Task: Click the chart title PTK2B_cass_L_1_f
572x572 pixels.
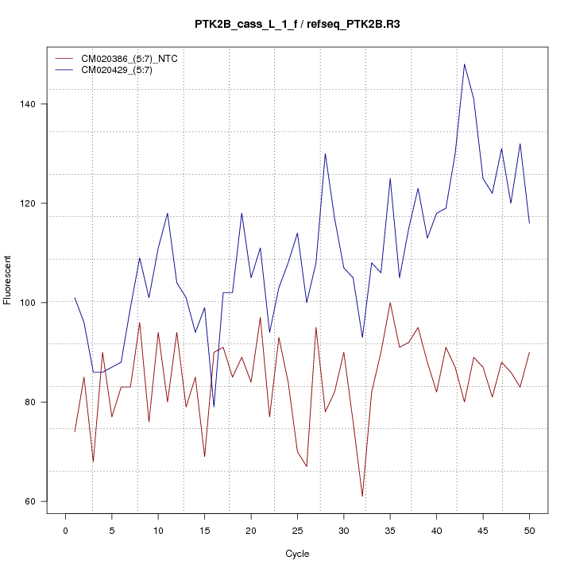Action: [246, 24]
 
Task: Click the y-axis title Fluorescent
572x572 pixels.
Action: [8, 280]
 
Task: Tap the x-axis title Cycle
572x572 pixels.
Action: [297, 554]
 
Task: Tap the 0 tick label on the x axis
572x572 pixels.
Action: [65, 530]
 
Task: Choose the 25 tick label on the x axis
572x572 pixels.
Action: [297, 530]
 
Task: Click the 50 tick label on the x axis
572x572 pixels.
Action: [529, 530]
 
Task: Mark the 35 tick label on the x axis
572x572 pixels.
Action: [390, 530]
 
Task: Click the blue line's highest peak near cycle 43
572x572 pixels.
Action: [464, 64]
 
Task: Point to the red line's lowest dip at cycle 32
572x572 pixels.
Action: [362, 496]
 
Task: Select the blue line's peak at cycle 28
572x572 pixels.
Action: [325, 153]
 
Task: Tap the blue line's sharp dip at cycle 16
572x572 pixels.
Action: [214, 407]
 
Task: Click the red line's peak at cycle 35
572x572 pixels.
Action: [390, 303]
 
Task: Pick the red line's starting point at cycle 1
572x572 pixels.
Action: [75, 431]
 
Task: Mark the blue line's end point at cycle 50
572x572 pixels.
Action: [529, 223]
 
